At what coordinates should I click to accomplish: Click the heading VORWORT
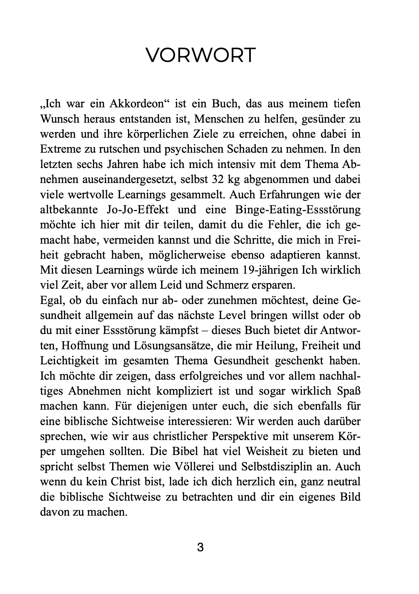(201, 55)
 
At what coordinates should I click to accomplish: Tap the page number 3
(200, 548)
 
